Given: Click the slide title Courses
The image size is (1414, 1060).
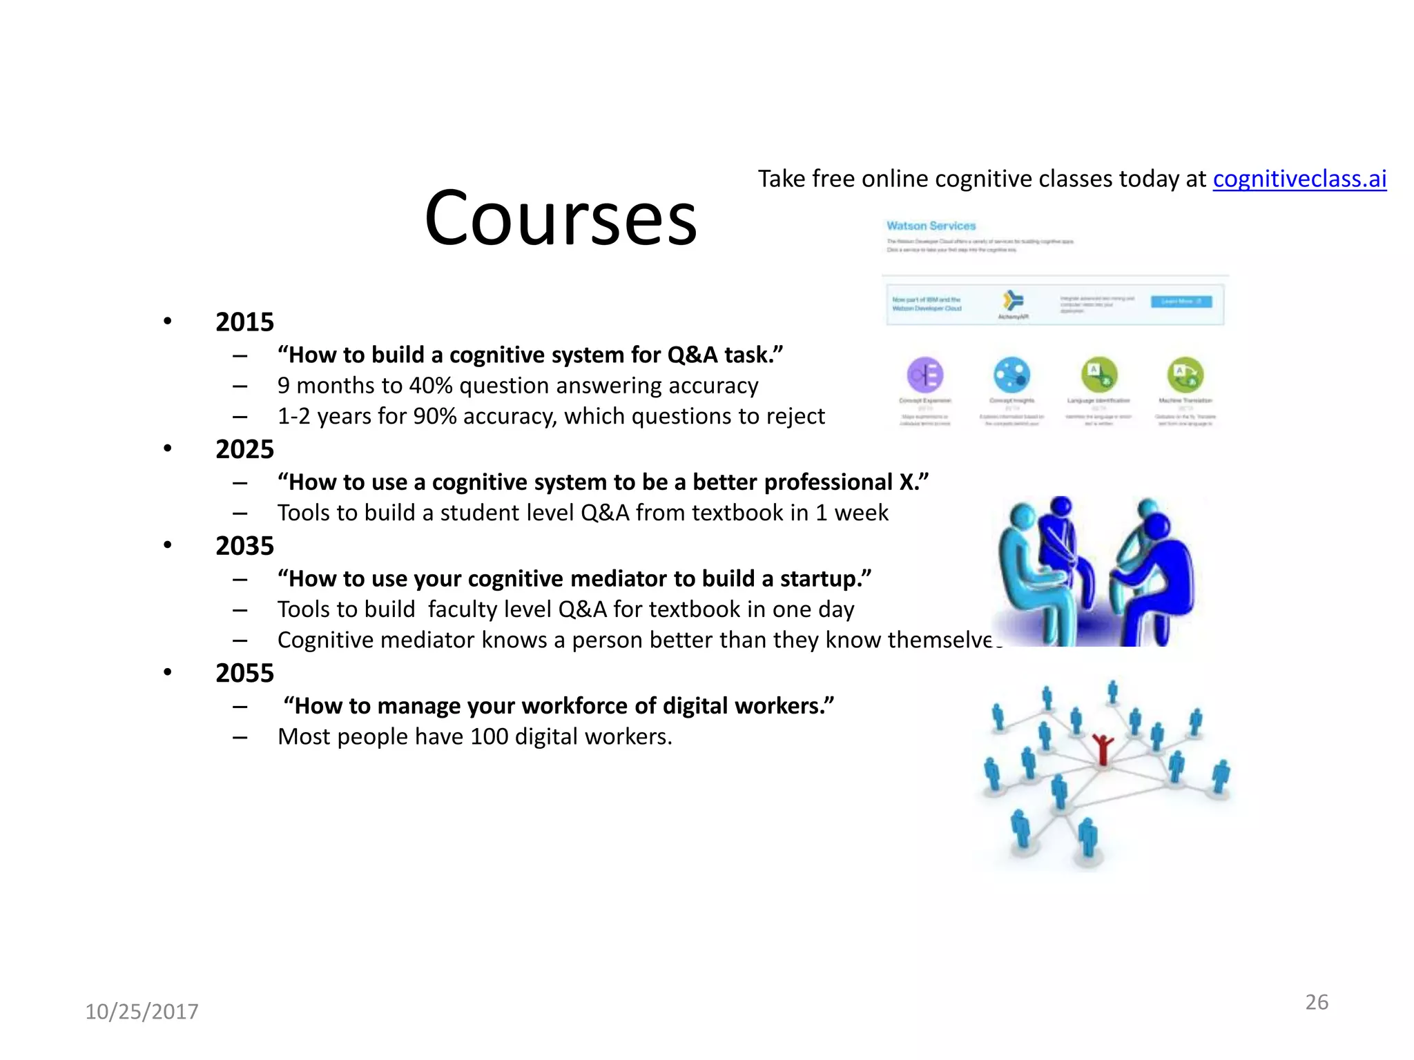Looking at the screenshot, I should click(x=561, y=219).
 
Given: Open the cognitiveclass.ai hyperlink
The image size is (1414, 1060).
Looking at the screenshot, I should click(x=1299, y=179).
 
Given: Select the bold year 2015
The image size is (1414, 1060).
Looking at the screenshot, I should click(x=244, y=322).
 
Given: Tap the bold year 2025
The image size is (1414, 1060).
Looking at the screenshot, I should click(x=244, y=449).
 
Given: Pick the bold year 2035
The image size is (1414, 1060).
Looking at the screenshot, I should click(x=244, y=546).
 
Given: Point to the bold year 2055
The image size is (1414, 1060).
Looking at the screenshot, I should click(x=244, y=673).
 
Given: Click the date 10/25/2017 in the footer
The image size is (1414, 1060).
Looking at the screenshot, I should click(x=142, y=1012).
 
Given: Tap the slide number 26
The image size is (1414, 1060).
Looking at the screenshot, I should click(x=1317, y=1002).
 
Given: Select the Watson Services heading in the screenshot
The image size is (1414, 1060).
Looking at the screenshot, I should click(x=931, y=226).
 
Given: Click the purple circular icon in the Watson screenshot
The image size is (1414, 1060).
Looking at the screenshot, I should click(x=924, y=375).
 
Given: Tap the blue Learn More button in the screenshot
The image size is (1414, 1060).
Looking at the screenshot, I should click(x=1181, y=302).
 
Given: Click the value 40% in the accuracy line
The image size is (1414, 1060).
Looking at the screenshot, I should click(x=431, y=386).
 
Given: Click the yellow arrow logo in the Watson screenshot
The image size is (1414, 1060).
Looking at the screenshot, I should click(x=1013, y=301).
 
